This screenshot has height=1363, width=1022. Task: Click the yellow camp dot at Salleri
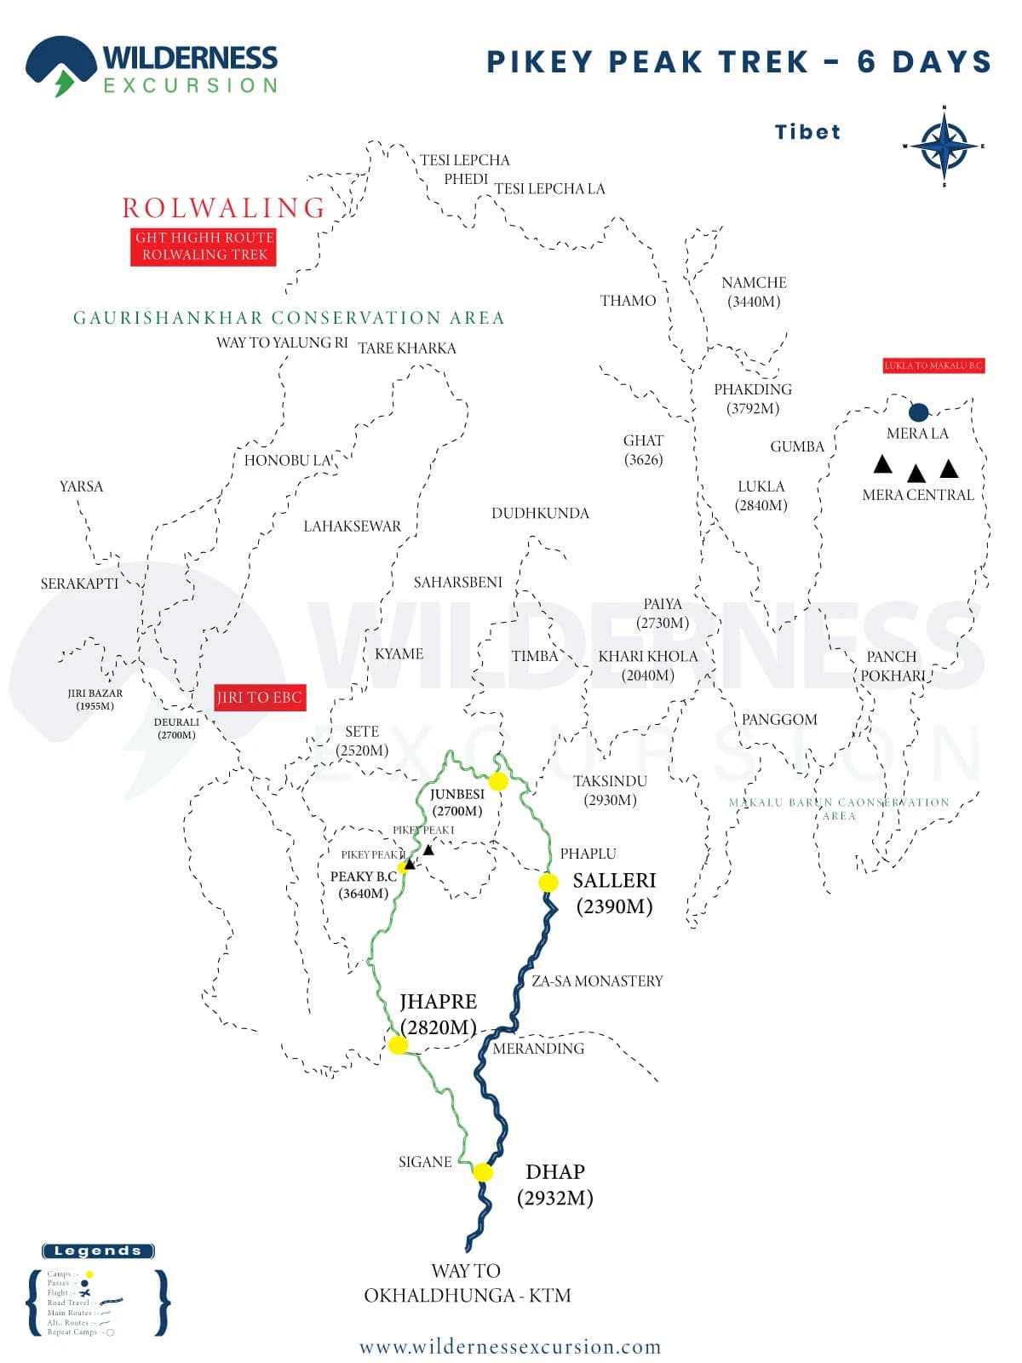coord(548,883)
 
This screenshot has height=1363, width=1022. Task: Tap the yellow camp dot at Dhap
coord(483,1172)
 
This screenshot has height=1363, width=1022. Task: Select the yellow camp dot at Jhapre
coord(398,1044)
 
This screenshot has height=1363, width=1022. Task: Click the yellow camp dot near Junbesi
coord(498,781)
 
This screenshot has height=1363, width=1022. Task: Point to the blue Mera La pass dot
coord(918,412)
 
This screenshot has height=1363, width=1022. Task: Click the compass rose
coord(944,147)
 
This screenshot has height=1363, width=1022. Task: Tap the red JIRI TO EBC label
coord(259,698)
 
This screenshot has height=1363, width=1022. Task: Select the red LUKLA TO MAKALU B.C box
coord(933,365)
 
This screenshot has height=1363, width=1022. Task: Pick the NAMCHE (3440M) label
coord(754,291)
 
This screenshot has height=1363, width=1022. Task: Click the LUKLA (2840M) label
coord(761,495)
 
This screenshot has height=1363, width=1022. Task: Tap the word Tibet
coord(807,132)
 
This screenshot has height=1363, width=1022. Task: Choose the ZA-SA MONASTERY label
coord(597,981)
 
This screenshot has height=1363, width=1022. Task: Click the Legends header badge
coord(98,1251)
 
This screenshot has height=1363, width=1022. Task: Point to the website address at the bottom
coord(510,1347)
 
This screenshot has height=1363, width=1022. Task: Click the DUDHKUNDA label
coord(540,513)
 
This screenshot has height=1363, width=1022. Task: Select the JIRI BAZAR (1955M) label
coord(95,699)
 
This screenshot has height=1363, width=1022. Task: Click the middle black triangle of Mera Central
coord(916,474)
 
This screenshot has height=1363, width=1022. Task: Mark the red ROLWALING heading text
coord(224,208)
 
